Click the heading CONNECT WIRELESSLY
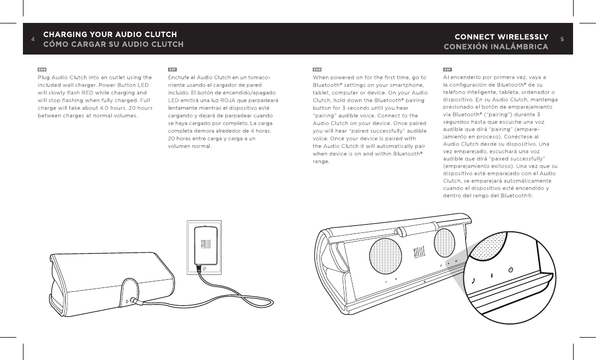pos(501,37)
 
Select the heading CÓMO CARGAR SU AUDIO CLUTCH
pos(114,45)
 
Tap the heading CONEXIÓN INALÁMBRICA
pos(496,46)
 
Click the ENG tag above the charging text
pos(42,70)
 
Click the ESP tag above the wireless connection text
pos(448,70)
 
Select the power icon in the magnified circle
pos(510,269)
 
